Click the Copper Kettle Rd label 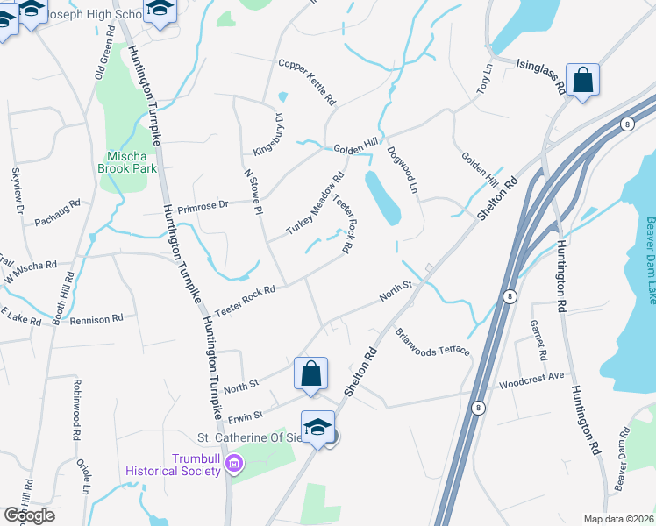[x=307, y=82]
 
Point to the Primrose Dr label [x=203, y=206]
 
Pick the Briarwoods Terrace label [x=431, y=342]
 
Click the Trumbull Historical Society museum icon [x=234, y=464]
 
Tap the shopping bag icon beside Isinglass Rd [x=582, y=81]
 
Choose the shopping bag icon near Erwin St [x=311, y=373]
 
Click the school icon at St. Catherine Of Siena [x=317, y=427]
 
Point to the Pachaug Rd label [x=57, y=212]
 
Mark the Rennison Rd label [x=96, y=321]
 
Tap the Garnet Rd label [x=538, y=338]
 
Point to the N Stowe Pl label [x=253, y=191]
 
